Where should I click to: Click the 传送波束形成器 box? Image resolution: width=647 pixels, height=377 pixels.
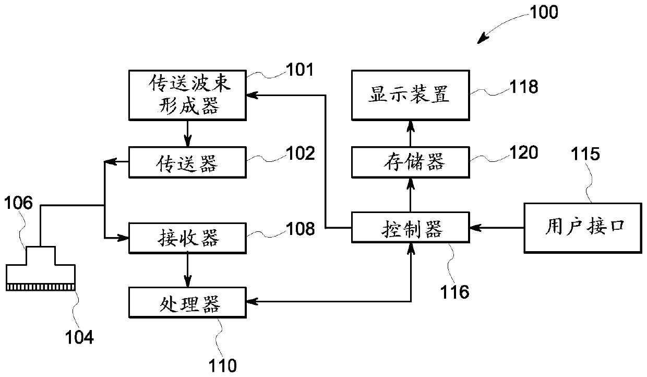pos(187,95)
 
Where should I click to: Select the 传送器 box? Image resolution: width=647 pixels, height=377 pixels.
pos(187,162)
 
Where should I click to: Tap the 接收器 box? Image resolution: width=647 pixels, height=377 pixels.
pos(187,238)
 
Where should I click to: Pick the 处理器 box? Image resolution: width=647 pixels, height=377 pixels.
pos(187,303)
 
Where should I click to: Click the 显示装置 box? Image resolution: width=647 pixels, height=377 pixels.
pos(411,95)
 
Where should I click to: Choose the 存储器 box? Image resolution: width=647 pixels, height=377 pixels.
pos(411,162)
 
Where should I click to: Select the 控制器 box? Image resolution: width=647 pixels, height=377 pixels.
pos(411,228)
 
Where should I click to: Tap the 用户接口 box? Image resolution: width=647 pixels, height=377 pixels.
pos(583,228)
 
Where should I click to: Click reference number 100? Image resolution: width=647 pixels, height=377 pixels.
pos(544,13)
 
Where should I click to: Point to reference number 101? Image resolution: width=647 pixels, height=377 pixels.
pos(300,70)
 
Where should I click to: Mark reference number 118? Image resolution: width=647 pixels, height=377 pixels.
pos(524,87)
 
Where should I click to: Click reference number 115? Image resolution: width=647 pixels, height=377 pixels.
pos(585,154)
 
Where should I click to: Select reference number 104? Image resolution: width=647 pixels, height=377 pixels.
pos(79,337)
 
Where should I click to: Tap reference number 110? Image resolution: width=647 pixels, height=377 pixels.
pos(222,366)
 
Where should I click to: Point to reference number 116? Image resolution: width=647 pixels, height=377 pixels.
pos(454,292)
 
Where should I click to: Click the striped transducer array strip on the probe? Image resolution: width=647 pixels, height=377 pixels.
pos(41,287)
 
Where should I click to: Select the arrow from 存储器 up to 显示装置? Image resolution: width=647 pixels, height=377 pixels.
pos(411,134)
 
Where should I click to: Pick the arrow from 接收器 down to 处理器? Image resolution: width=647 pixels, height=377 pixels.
pos(188,270)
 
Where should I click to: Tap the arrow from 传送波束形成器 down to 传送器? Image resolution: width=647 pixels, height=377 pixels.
pos(188,134)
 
